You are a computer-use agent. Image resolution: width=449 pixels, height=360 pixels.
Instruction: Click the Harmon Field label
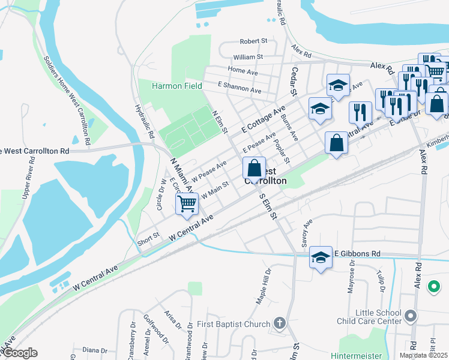[x=176, y=86]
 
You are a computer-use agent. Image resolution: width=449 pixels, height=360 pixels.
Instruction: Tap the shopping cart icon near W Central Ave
[x=187, y=204]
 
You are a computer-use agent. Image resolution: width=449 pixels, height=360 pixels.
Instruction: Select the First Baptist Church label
[x=238, y=325]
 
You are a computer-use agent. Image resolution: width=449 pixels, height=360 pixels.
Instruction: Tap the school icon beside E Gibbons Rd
[x=321, y=257]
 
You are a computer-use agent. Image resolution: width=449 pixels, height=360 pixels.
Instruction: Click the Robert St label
[x=253, y=41]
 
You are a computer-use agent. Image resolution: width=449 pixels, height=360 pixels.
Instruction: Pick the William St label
[x=249, y=57]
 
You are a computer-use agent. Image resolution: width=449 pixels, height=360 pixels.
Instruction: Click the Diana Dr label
[x=95, y=350]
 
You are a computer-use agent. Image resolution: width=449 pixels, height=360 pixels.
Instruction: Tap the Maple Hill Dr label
[x=265, y=287]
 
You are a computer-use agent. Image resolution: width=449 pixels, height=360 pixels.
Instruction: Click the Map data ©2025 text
[x=424, y=355]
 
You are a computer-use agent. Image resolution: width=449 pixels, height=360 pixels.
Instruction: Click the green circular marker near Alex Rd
[x=433, y=287]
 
